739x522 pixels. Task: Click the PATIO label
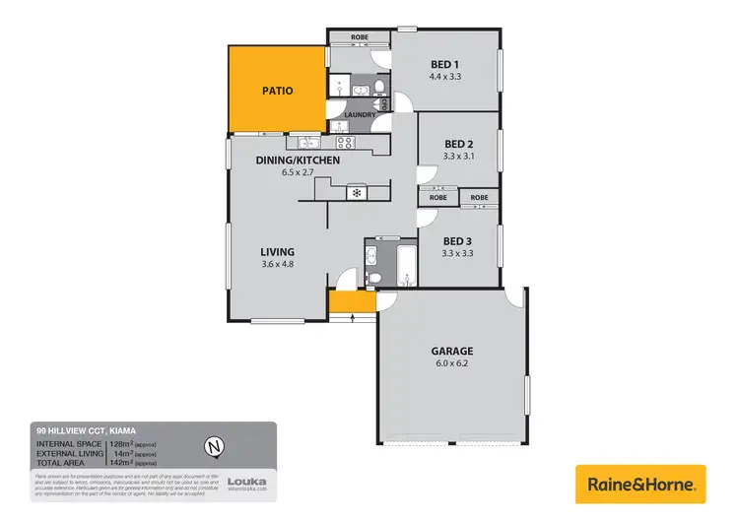point(277,91)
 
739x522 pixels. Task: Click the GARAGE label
point(452,351)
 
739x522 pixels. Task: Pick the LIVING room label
point(277,251)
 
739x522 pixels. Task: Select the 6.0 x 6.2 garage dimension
point(452,364)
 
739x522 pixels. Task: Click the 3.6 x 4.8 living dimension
point(277,265)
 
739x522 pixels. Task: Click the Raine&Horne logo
point(640,485)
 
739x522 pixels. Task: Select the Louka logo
point(246,483)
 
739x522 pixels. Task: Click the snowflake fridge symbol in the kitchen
point(355,192)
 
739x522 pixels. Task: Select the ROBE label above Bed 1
point(359,37)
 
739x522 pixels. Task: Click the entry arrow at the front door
point(353,316)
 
